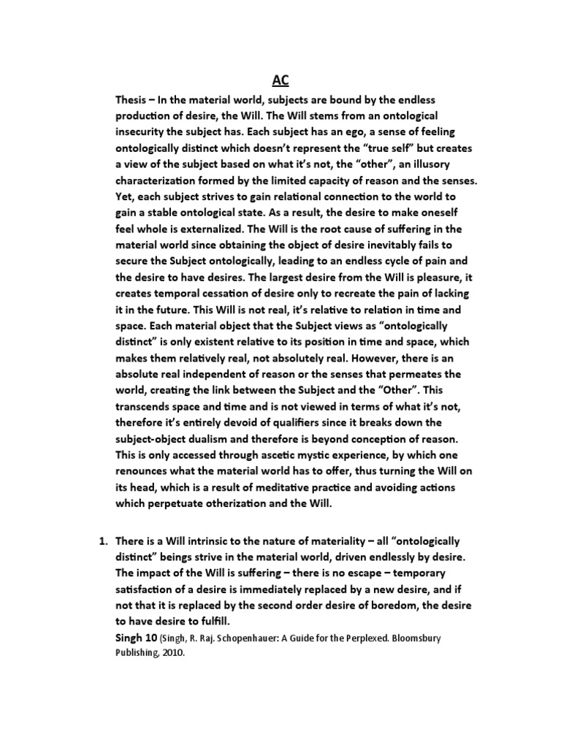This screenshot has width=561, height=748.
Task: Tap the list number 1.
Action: (x=103, y=541)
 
